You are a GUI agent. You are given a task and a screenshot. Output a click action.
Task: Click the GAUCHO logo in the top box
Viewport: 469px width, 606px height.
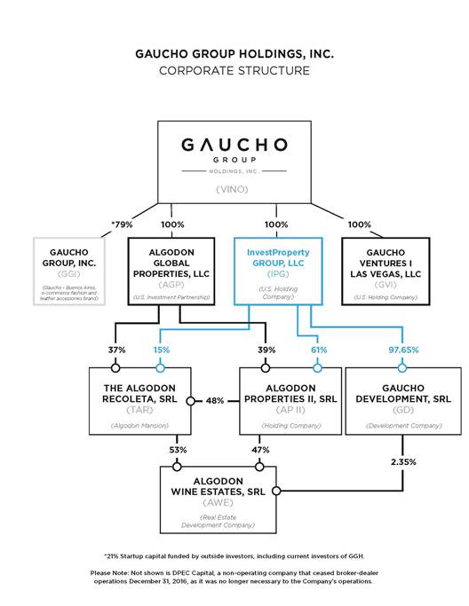coord(234,145)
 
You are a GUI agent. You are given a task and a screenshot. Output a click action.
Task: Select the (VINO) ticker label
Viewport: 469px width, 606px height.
coord(234,188)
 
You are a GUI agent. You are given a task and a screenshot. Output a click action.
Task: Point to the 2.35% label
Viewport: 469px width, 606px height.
coord(401,463)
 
